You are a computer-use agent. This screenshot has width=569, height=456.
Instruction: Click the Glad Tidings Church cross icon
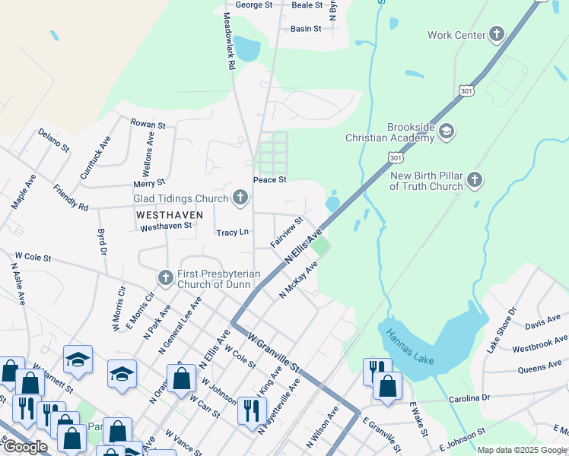pos(240,199)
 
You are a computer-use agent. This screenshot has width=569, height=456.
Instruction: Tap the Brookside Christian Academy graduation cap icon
pos(447,132)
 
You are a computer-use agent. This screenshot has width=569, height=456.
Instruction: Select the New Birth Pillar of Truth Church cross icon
pos(475,180)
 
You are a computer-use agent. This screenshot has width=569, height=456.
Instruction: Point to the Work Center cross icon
pos(496,34)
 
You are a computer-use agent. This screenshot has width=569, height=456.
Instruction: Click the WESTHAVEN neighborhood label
pos(170,215)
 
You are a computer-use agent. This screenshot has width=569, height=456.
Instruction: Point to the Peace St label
pos(269,180)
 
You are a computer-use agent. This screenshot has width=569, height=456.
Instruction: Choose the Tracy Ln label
pos(233,233)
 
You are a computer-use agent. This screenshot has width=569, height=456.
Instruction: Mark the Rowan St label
pos(148,124)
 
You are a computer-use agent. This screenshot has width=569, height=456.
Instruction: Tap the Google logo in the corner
pos(25,447)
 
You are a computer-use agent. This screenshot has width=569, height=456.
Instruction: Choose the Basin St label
pos(306,29)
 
